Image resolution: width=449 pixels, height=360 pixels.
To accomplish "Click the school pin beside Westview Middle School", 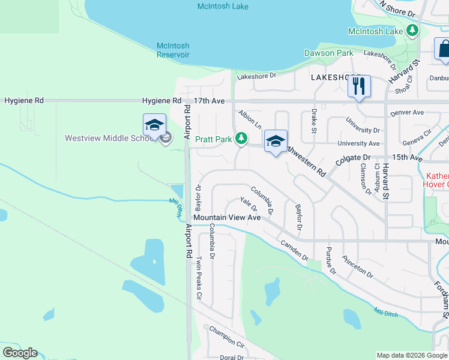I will pyautogui.click(x=154, y=125).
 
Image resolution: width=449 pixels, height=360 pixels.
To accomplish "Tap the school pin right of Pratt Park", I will pyautogui.click(x=276, y=142).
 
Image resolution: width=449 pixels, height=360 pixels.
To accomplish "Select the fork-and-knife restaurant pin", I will pyautogui.click(x=359, y=86).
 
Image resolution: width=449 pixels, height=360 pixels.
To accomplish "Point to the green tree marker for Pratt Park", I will pyautogui.click(x=241, y=139).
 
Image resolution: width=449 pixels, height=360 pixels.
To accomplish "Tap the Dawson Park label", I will pyautogui.click(x=328, y=53).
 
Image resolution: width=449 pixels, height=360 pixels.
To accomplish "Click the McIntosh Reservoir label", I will pyautogui.click(x=173, y=50).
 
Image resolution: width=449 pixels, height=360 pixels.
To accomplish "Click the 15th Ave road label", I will pyautogui.click(x=408, y=157).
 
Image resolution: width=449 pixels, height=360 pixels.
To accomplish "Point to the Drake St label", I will pyautogui.click(x=313, y=120).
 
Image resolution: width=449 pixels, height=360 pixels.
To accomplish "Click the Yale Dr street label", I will pyautogui.click(x=249, y=204).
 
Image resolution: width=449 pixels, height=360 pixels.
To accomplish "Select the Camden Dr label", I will pyautogui.click(x=294, y=250).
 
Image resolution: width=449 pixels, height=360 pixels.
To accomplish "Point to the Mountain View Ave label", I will pyautogui.click(x=227, y=217).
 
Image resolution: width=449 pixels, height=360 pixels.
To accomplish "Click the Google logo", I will pyautogui.click(x=20, y=353).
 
